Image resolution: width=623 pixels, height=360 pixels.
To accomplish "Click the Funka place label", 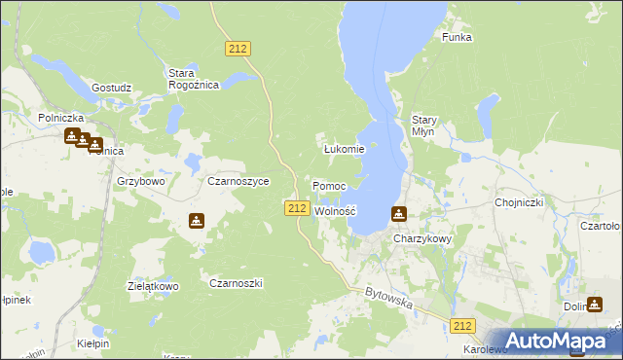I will pyautogui.click(x=457, y=37).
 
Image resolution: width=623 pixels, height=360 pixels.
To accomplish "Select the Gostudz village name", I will pyautogui.click(x=111, y=88).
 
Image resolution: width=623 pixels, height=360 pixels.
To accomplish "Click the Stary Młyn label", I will pyautogui.click(x=424, y=126).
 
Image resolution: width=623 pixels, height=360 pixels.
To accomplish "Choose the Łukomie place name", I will pyautogui.click(x=344, y=149).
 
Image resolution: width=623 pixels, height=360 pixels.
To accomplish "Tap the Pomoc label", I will pyautogui.click(x=329, y=185).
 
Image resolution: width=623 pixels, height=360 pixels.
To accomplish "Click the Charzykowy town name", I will pyautogui.click(x=421, y=238).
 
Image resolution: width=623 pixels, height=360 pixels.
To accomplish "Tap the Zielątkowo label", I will pyautogui.click(x=153, y=287).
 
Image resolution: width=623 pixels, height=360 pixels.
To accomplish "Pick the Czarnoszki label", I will pyautogui.click(x=237, y=283).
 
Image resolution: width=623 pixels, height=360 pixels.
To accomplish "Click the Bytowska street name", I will pyautogui.click(x=389, y=299).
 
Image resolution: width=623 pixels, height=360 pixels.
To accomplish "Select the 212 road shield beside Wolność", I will pyautogui.click(x=298, y=208).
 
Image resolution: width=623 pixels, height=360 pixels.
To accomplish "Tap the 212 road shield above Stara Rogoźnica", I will pyautogui.click(x=238, y=49).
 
